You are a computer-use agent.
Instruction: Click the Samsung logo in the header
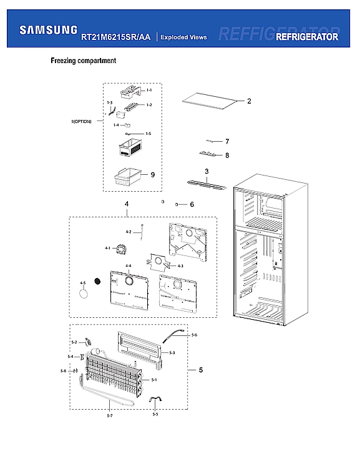click(x=49, y=29)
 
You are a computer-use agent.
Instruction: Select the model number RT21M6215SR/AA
click(x=115, y=37)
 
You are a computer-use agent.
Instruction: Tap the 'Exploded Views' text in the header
click(x=183, y=37)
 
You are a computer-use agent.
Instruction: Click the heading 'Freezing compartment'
click(x=83, y=61)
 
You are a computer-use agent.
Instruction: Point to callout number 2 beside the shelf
click(x=248, y=101)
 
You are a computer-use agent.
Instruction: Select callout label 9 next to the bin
click(x=152, y=175)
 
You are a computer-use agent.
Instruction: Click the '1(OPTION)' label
click(x=81, y=121)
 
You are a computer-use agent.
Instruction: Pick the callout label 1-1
click(x=148, y=91)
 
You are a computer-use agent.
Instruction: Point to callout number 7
click(x=227, y=142)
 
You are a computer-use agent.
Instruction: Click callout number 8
click(x=227, y=155)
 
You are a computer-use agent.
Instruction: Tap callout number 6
click(x=192, y=204)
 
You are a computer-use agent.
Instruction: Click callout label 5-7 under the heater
click(x=109, y=415)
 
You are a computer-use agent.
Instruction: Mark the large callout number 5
click(x=201, y=371)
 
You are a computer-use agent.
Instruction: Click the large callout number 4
click(x=127, y=204)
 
